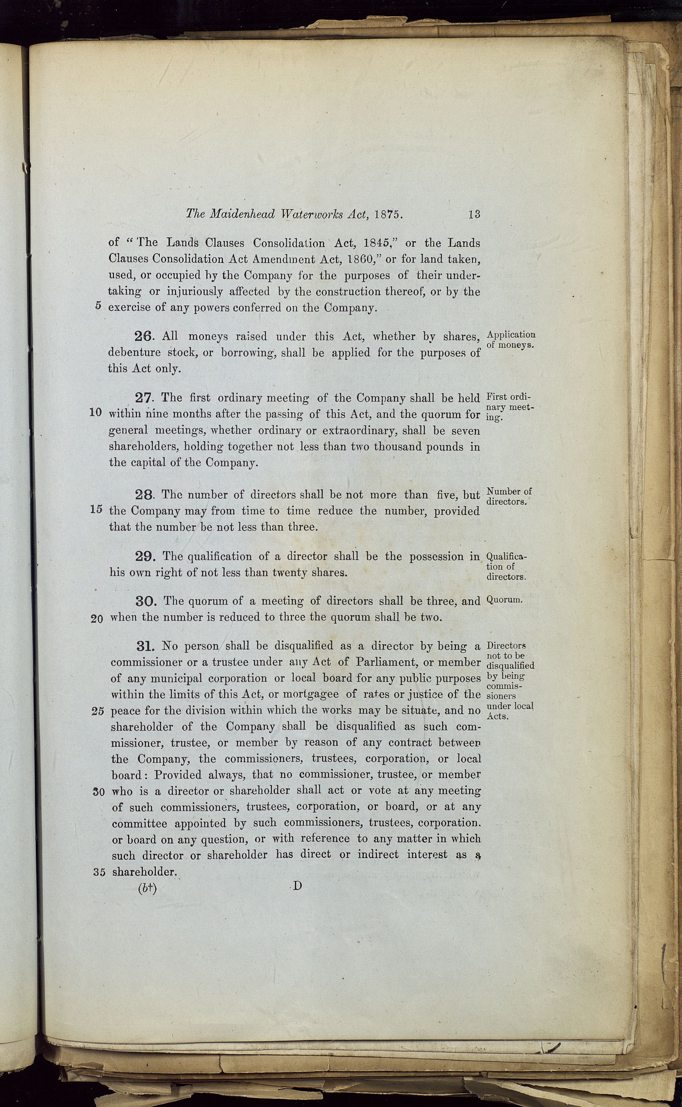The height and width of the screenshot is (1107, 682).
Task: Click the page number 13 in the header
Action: click(x=474, y=214)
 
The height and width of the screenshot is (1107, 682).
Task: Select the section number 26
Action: click(x=144, y=337)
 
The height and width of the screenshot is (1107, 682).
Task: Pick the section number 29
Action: click(x=145, y=557)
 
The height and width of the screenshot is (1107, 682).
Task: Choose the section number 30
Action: click(x=146, y=602)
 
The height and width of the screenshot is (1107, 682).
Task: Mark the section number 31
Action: click(x=146, y=646)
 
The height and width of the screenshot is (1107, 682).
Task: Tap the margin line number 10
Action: click(x=96, y=413)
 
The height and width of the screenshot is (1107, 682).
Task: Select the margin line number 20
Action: click(x=97, y=619)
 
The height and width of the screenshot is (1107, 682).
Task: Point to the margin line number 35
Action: click(x=99, y=872)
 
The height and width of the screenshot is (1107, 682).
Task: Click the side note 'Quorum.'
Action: click(x=504, y=601)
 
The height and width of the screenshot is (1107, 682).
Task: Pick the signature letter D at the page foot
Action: click(x=297, y=886)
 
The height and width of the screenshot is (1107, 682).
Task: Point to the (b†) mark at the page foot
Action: click(x=147, y=889)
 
